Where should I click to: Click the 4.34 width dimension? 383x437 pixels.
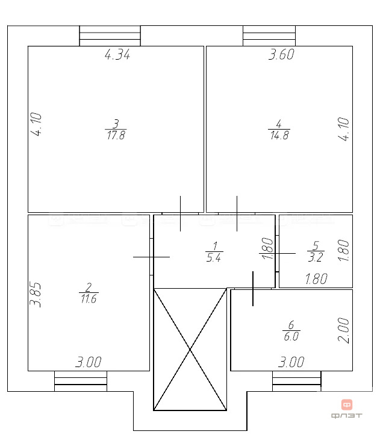tap(117, 55)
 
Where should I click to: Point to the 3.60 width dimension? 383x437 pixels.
tap(281, 55)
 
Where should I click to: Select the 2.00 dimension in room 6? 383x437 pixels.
tap(343, 330)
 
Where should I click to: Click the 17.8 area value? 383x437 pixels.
tap(116, 136)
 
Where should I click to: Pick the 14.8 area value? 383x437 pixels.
tap(279, 136)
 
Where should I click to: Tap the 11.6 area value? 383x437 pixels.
tap(88, 299)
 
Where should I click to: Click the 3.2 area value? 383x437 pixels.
tap(316, 258)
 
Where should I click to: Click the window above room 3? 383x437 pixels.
tap(110, 36)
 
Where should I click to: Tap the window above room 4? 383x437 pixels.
tap(269, 36)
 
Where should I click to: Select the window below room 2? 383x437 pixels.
tap(81, 382)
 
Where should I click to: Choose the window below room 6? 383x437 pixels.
tap(297, 382)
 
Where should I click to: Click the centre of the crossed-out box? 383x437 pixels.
tap(190, 350)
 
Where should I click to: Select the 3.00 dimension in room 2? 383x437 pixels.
tap(88, 363)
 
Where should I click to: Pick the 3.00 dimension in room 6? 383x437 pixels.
tap(291, 363)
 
